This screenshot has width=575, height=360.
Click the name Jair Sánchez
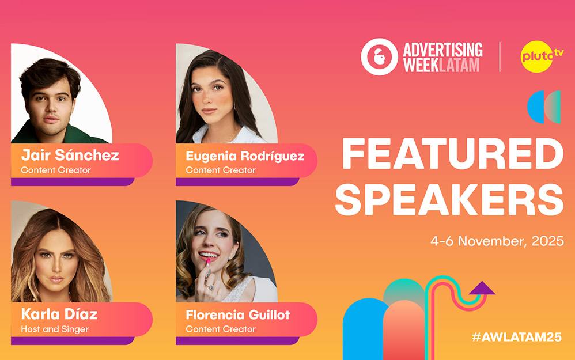point(70,155)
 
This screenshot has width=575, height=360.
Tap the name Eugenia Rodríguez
point(245,156)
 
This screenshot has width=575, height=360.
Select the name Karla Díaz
point(59,314)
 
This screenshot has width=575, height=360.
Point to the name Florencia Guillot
point(237,315)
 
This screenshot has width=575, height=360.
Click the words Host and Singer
point(55,329)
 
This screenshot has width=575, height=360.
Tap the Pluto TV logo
point(541,56)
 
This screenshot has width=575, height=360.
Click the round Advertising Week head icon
point(379,57)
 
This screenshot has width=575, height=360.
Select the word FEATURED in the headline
point(452,154)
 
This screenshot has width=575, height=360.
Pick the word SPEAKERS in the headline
point(449,199)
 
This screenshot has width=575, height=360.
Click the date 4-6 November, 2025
point(497,241)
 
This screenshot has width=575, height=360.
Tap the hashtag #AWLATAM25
point(517,337)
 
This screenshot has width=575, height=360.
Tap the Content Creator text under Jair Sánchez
point(56,170)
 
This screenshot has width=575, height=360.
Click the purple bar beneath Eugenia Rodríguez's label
point(237,182)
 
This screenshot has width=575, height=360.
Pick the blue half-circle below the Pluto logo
point(535,107)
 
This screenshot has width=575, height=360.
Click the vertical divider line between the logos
point(500,57)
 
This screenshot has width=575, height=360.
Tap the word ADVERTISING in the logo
point(442,50)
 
